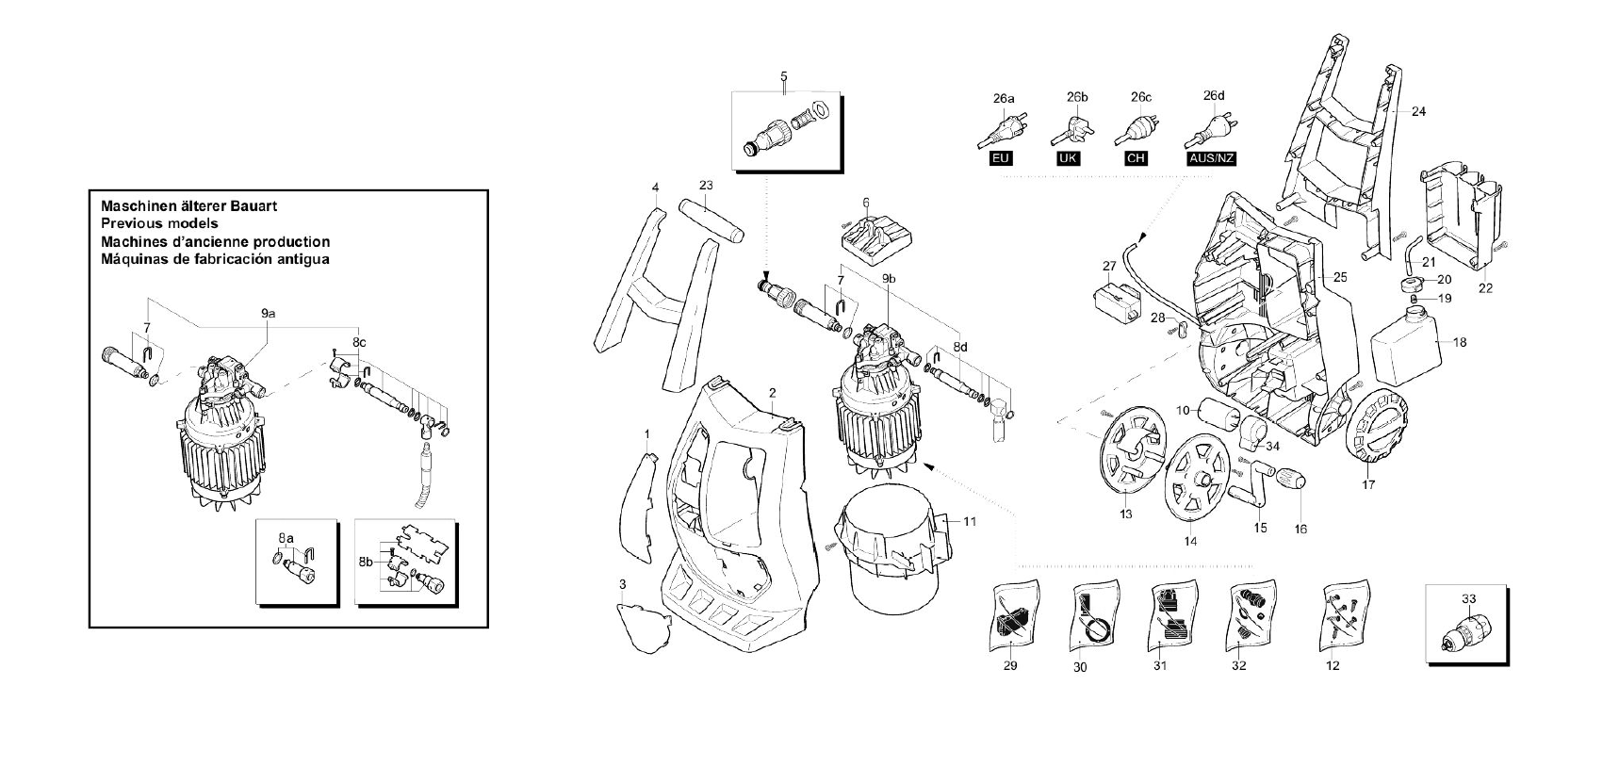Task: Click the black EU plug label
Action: [x=1001, y=158]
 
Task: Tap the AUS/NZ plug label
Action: [x=1211, y=158]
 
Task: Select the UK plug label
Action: [x=1068, y=158]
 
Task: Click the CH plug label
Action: [x=1136, y=158]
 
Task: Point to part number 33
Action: [x=1468, y=598]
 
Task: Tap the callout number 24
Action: [x=1418, y=111]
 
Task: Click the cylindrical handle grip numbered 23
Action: [x=711, y=220]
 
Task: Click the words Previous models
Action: [x=158, y=223]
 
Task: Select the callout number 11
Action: [x=970, y=521]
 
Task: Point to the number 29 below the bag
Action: [x=1010, y=666]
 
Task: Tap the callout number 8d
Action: [x=960, y=347]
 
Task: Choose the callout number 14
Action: [x=1190, y=541]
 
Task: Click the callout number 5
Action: [x=783, y=75]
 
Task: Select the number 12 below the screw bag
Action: [x=1332, y=666]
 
